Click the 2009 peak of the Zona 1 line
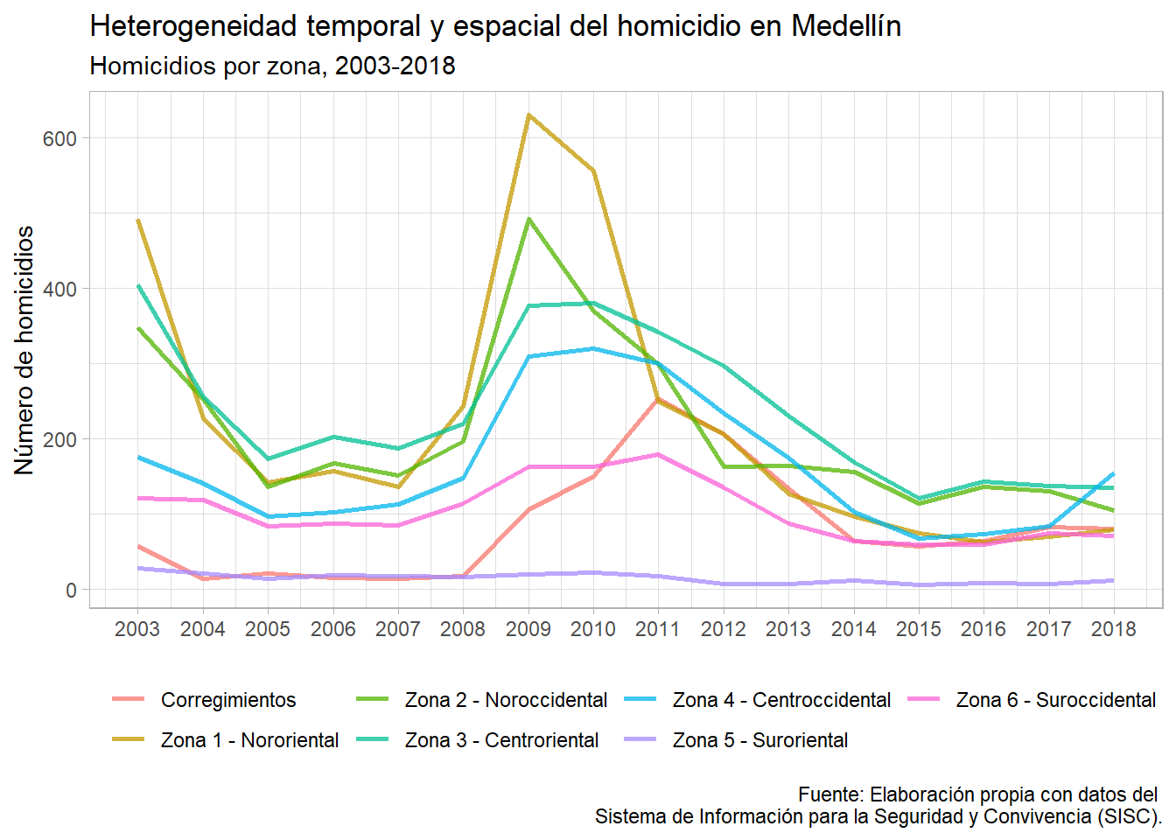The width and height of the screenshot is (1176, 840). (x=528, y=115)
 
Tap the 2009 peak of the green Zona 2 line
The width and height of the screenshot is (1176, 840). (x=528, y=219)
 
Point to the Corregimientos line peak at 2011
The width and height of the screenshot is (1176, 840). (x=658, y=399)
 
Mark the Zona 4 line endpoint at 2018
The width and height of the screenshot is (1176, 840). (x=1113, y=473)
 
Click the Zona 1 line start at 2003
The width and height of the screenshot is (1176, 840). (x=138, y=220)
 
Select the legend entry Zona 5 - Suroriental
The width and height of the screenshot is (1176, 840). (x=759, y=740)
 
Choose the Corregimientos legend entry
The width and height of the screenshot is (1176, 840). (x=228, y=700)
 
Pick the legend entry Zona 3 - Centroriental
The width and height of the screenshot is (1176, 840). (x=501, y=740)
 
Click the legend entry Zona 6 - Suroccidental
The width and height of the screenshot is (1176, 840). (x=1055, y=700)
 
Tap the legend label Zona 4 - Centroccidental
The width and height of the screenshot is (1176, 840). (x=781, y=700)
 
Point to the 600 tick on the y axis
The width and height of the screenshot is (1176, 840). (x=59, y=138)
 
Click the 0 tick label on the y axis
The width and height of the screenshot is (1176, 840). (x=71, y=591)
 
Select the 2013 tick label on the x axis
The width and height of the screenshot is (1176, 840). (x=788, y=629)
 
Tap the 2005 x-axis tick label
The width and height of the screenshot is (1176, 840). (x=268, y=629)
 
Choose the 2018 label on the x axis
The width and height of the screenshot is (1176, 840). (x=1113, y=629)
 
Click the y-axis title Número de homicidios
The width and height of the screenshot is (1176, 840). (x=24, y=350)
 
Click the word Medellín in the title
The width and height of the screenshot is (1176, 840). (x=845, y=27)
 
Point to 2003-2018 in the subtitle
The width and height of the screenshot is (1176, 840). (x=395, y=66)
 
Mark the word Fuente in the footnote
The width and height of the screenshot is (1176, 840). (x=830, y=794)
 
